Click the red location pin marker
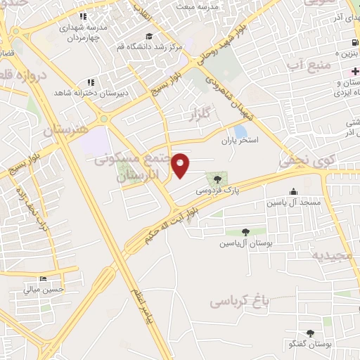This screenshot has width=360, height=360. coord(181,165)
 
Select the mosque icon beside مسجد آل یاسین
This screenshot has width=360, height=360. coord(293,191)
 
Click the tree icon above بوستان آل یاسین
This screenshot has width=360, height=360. coord(245,231)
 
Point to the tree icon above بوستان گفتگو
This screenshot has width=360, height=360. coord(310,333)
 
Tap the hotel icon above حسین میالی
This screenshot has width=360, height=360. coord(44,278)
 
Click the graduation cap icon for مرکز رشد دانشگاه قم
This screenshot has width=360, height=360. coord(148,36)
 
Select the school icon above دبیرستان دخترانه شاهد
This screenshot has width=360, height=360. coord(90,83)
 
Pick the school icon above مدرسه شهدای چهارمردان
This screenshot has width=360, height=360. coord(84,15)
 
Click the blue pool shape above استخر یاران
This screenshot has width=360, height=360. coord(240,131)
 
